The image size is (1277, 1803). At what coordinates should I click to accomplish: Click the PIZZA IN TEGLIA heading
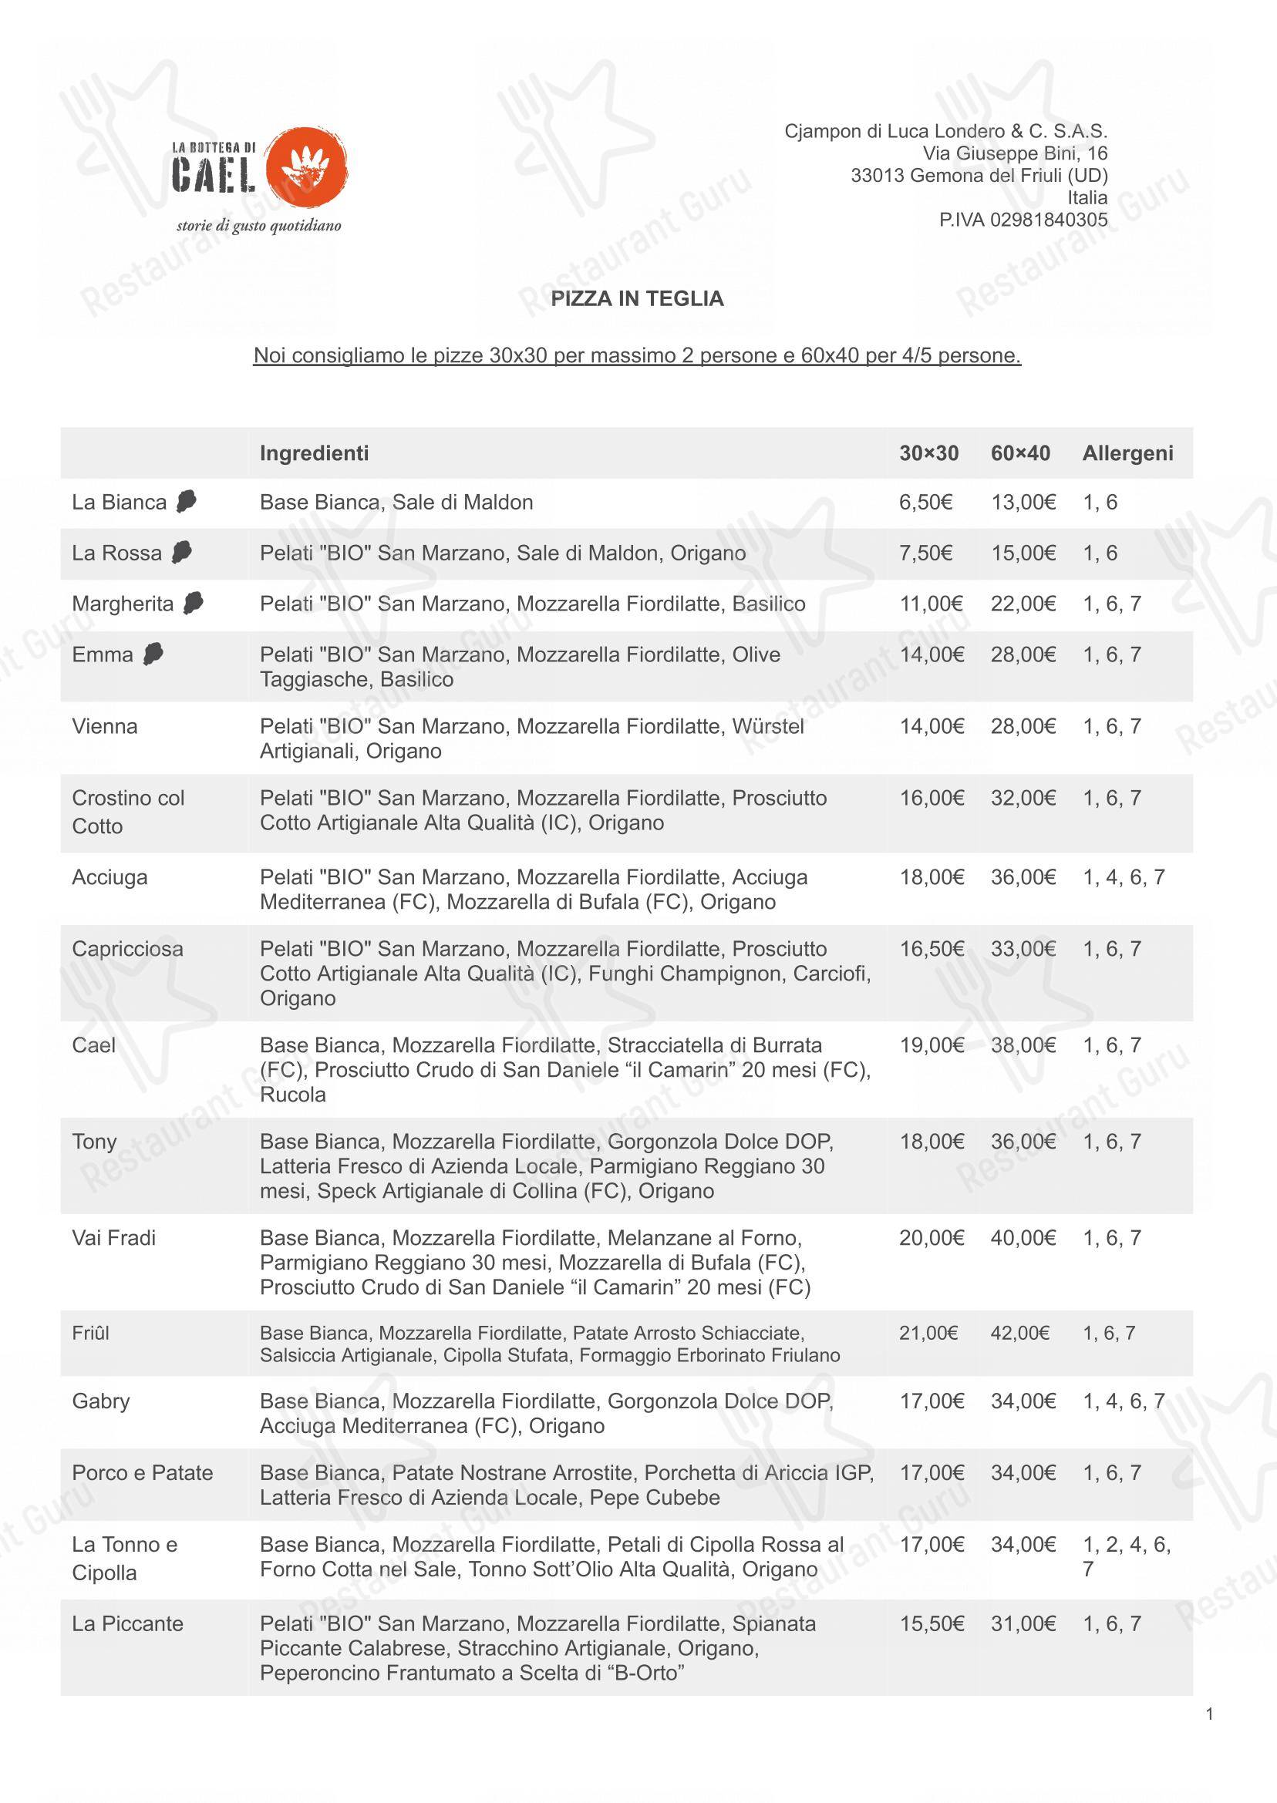[x=637, y=298]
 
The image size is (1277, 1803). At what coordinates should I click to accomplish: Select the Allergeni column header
[x=1127, y=452]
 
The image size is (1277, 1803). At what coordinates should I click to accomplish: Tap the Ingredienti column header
[x=314, y=452]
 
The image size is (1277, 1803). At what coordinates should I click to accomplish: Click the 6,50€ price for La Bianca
[x=925, y=503]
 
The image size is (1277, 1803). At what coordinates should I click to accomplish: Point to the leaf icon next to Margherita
[x=193, y=603]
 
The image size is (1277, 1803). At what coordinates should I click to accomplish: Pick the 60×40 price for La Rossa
[x=1023, y=553]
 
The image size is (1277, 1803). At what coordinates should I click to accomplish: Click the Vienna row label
[x=105, y=726]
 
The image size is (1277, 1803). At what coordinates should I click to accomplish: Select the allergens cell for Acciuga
[x=1124, y=877]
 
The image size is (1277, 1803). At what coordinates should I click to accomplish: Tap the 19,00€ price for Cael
[x=932, y=1045]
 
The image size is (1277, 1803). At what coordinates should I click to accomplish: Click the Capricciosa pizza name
[x=127, y=949]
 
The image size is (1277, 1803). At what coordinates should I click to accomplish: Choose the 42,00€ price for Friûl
[x=1020, y=1333]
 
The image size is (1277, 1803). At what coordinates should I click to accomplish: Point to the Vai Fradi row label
[x=114, y=1238]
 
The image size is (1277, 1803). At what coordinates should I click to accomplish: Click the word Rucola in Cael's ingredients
[x=292, y=1094]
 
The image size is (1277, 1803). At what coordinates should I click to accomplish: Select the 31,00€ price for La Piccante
[x=1023, y=1624]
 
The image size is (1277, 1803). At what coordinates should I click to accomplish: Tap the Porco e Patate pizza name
[x=143, y=1473]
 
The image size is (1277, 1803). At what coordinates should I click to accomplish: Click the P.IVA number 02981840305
[x=1023, y=220]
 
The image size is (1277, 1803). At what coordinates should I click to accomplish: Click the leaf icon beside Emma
[x=153, y=654]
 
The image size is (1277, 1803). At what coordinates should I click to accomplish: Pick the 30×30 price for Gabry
[x=932, y=1401]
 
